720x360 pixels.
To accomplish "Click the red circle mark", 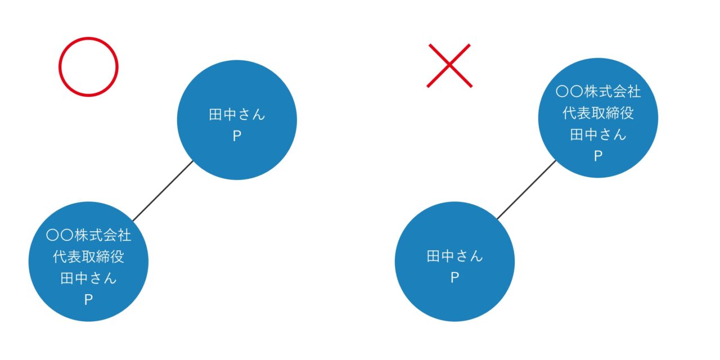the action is [x=88, y=67].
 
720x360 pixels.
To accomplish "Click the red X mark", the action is [x=449, y=66].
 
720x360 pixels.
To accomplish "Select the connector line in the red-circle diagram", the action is [x=163, y=191].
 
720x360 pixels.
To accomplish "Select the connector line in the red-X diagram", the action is [x=526, y=190].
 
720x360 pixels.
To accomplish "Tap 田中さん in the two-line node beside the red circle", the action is [x=237, y=114].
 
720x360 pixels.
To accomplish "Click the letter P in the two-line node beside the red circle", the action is [x=237, y=136].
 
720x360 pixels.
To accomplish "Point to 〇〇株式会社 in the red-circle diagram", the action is [x=88, y=235].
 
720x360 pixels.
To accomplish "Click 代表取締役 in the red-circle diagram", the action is [x=88, y=256].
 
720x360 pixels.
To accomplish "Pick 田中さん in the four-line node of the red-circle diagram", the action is [x=88, y=278].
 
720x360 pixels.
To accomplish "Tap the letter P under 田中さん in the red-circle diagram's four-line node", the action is [x=88, y=300].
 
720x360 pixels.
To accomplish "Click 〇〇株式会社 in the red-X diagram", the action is [x=598, y=92].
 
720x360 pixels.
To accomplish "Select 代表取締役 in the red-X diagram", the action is [x=598, y=113].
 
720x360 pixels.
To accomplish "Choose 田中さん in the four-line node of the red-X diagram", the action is [x=598, y=134].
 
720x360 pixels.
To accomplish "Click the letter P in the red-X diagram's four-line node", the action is [x=598, y=156].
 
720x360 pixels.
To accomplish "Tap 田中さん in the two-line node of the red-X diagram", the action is [x=454, y=256].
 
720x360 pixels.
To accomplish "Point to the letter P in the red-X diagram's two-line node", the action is [x=454, y=277].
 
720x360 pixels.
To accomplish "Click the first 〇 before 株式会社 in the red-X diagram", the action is [x=562, y=92].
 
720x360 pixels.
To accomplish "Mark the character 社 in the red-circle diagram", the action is [x=124, y=235].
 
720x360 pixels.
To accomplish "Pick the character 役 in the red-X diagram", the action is [x=627, y=113].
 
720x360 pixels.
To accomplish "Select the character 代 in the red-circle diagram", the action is [x=60, y=256].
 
